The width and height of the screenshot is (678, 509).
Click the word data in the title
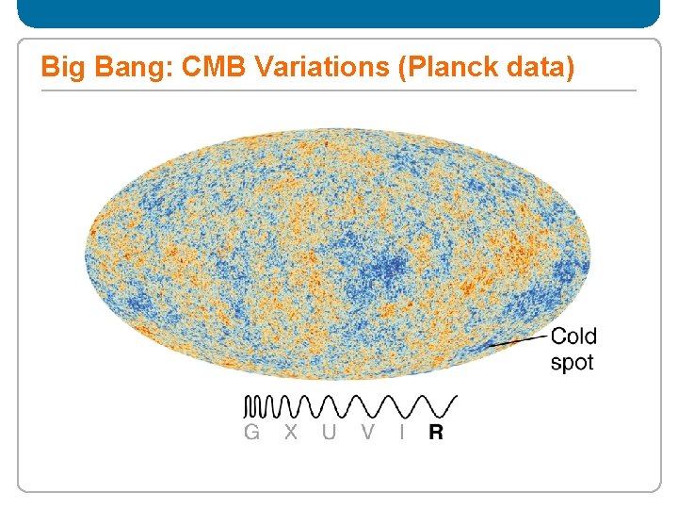coord(537,68)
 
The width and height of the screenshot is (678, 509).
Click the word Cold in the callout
coord(573,337)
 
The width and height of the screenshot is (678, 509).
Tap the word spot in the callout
coord(572,362)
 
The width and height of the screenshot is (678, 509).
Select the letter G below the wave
coord(251,433)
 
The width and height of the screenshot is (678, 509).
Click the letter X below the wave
coord(291,433)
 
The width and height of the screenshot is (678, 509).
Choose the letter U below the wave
coord(329,433)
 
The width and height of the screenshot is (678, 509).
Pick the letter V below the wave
coord(367,433)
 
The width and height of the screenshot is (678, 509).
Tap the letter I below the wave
coord(403,433)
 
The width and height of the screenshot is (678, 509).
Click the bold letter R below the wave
coord(436,433)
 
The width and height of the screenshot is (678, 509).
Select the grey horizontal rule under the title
coord(338,90)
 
